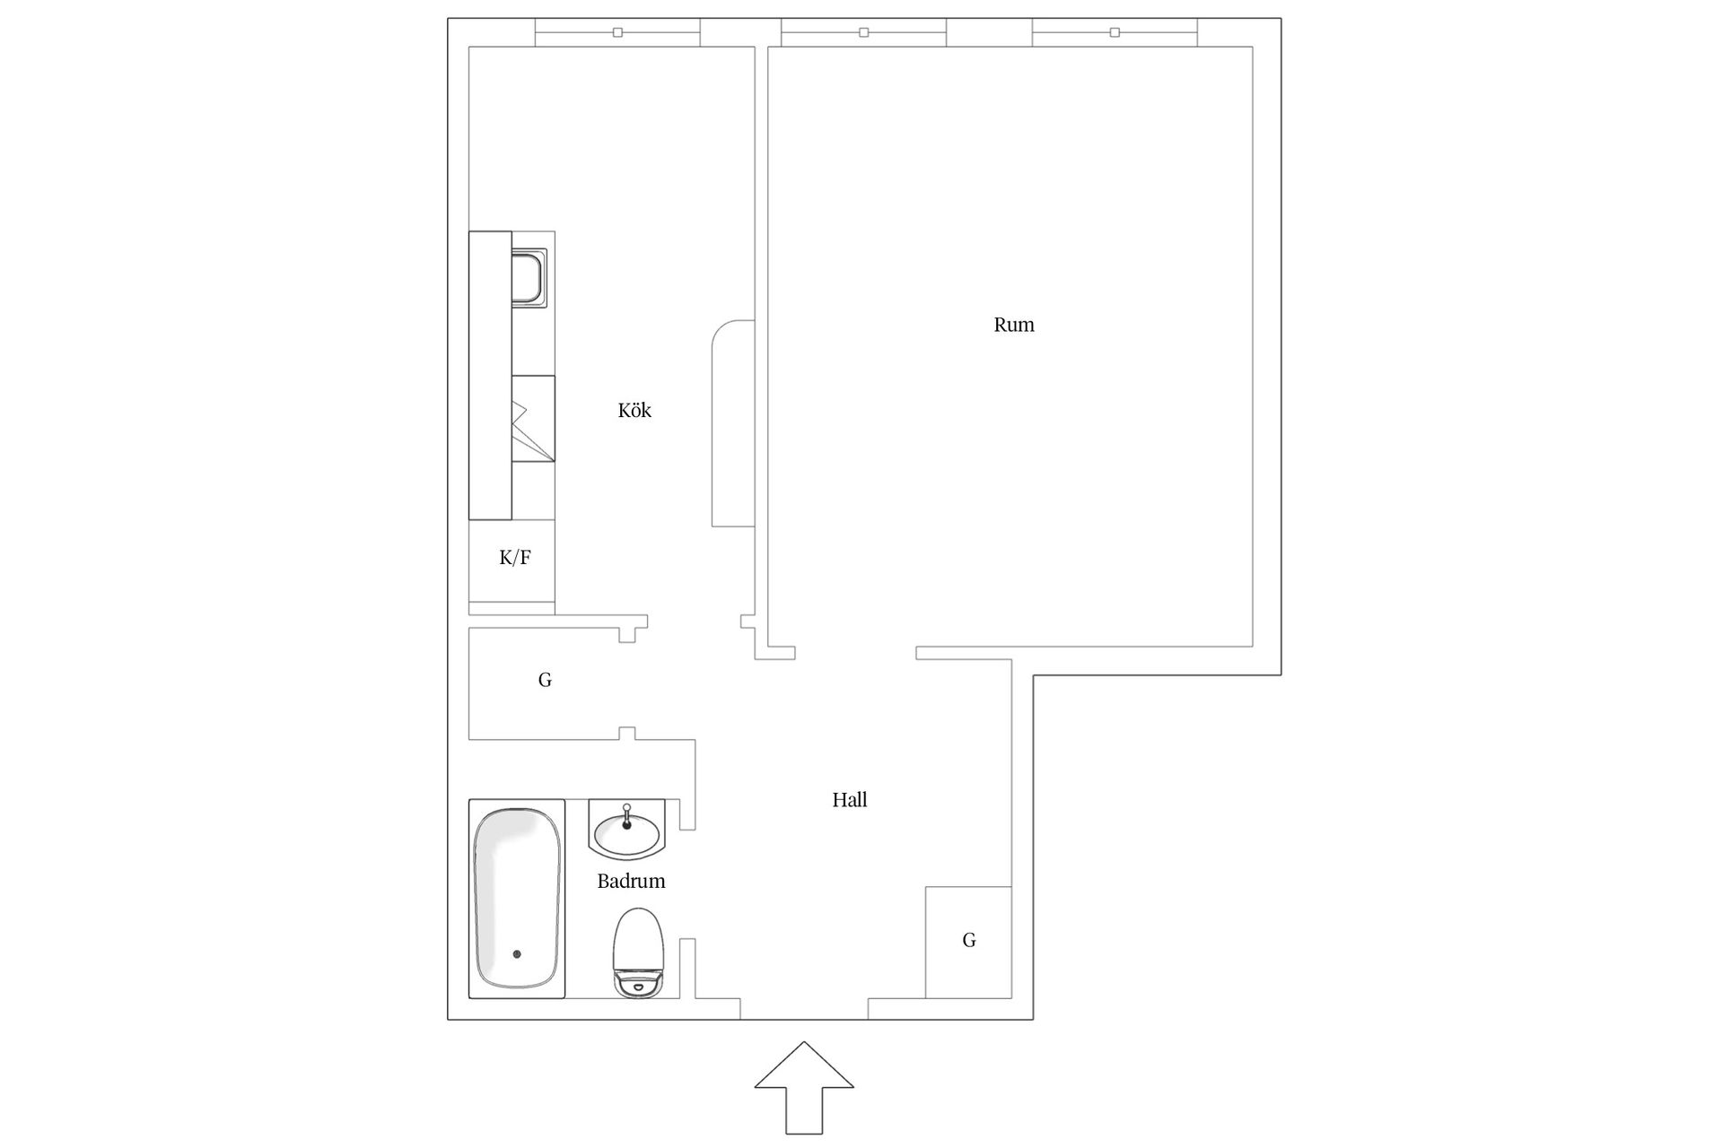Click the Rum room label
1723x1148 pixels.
tap(1013, 325)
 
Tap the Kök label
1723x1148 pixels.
tap(634, 411)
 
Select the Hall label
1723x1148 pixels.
tap(849, 800)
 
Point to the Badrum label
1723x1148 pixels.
tap(631, 881)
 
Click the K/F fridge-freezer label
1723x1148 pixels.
tap(514, 558)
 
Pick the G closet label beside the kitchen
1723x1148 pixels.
tap(545, 680)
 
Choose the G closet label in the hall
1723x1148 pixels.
tap(969, 940)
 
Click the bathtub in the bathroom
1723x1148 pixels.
tap(517, 899)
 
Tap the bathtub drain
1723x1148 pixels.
tap(516, 954)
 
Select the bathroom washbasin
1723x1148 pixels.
tap(627, 830)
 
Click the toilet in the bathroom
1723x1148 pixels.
tap(638, 952)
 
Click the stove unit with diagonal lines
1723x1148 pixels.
tap(533, 419)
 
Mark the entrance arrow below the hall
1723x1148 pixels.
tap(804, 1087)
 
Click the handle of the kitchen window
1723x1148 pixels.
tap(617, 32)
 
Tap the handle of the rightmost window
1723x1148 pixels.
tap(1115, 32)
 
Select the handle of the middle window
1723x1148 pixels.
tap(863, 32)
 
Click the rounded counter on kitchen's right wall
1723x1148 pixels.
tap(733, 423)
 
